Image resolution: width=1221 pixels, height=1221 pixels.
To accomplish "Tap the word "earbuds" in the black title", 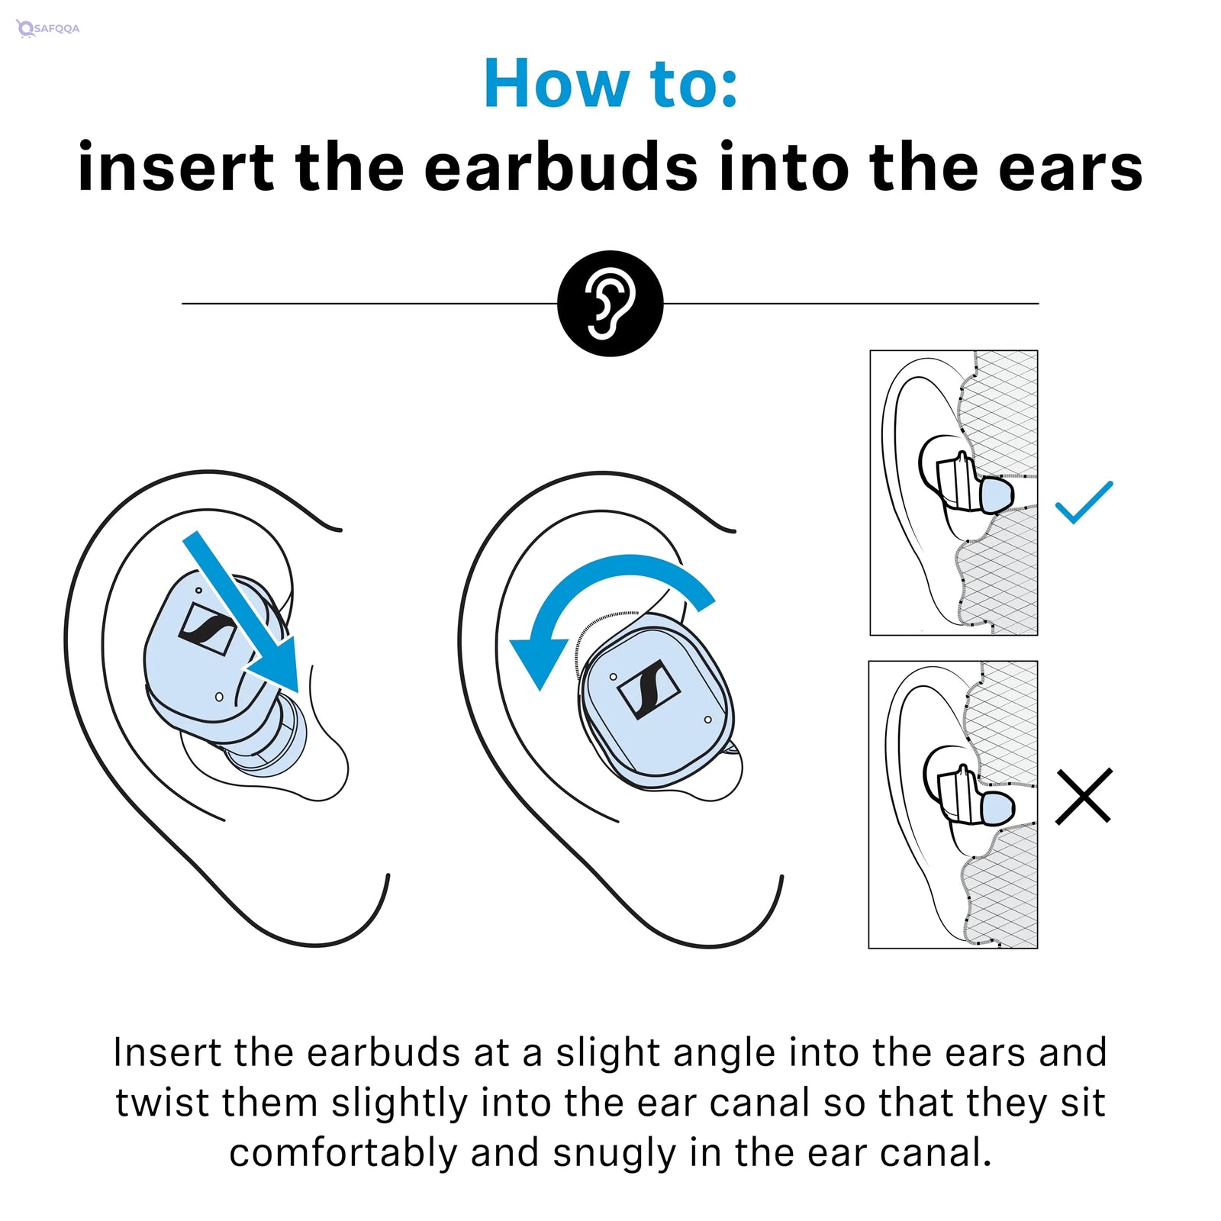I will pos(561,168).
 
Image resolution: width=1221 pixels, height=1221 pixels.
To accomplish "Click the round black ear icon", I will pos(610,303).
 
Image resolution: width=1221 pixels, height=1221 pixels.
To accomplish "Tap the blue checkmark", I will pos(1083,503).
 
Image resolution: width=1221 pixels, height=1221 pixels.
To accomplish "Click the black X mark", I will pos(1083,796).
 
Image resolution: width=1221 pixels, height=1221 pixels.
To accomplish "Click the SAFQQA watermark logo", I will pos(48,29).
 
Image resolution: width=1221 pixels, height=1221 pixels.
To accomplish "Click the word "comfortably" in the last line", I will pos(343,1153).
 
